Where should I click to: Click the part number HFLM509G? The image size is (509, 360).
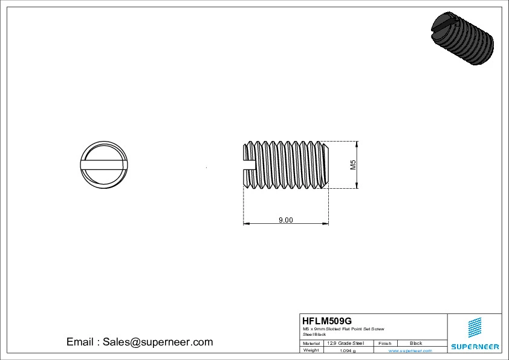tap(326, 321)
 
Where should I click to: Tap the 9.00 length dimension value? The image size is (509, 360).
tap(285, 220)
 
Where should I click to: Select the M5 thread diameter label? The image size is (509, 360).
tap(354, 165)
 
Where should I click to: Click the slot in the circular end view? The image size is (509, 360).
tap(103, 164)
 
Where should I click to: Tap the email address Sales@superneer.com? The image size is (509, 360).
tap(158, 342)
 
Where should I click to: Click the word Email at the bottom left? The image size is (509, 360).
tap(80, 342)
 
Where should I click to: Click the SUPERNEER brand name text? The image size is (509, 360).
tap(475, 347)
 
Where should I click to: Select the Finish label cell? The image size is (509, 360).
tap(384, 343)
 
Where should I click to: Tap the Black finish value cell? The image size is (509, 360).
tap(416, 343)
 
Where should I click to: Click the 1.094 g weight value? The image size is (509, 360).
tap(348, 350)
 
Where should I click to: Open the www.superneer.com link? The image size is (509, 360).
tap(409, 350)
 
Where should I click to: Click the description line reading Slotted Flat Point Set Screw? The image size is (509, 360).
tap(343, 329)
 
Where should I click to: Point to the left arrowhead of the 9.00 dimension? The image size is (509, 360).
tap(246, 224)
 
